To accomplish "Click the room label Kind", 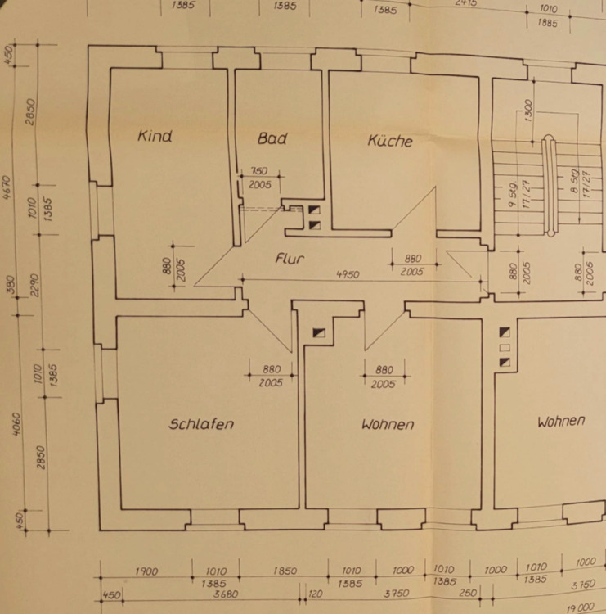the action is coord(155,136).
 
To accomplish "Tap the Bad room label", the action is coord(272,138).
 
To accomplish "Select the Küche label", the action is coord(389,141).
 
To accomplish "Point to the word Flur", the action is coord(290,259).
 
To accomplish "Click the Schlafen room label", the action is coord(201,424).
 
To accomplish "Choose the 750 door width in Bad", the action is coord(258,172).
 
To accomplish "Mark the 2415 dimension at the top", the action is coord(466,3).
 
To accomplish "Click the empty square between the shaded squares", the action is coord(505,347).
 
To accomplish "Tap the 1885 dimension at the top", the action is coord(548,23).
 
